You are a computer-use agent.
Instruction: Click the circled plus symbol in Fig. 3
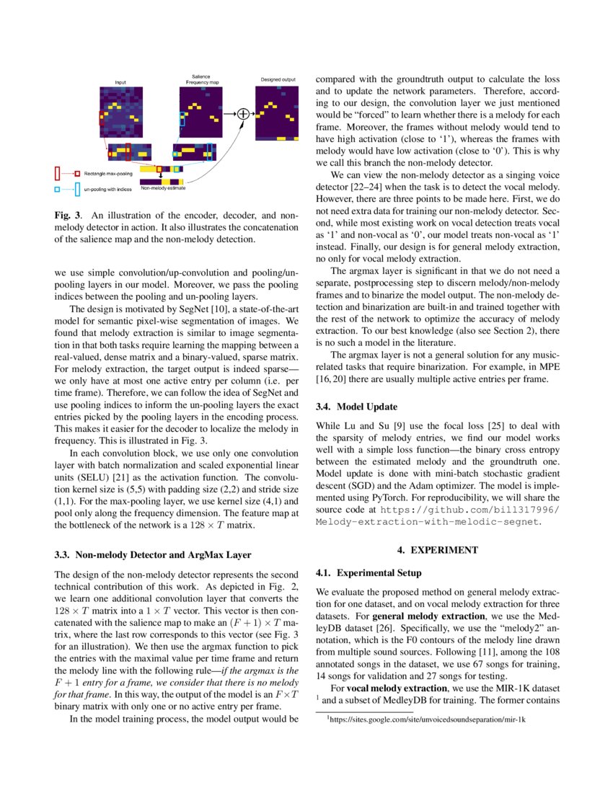coord(243,113)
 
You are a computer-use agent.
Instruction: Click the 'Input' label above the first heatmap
coord(121,82)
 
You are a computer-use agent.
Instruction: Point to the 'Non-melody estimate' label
coord(163,188)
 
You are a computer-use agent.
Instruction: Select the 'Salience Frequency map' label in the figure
coord(200,79)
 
